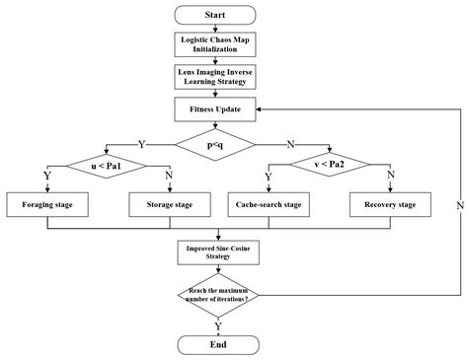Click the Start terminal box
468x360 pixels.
(214, 16)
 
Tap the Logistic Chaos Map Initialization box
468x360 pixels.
(214, 46)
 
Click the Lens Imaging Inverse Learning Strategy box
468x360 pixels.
(214, 77)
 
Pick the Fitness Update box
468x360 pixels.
(214, 108)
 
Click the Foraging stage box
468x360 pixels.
(47, 204)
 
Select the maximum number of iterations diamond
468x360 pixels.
(214, 293)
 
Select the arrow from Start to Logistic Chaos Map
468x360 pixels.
(214, 31)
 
